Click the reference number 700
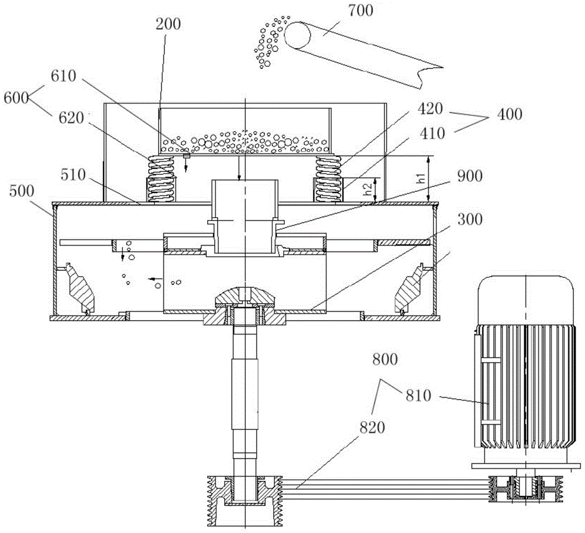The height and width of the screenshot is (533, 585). click(x=360, y=10)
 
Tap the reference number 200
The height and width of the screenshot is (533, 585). click(x=168, y=24)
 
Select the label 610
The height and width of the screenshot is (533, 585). click(x=63, y=76)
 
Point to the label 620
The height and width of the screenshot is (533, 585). click(x=71, y=118)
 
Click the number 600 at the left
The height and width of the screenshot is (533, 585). click(x=16, y=98)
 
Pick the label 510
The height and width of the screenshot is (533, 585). click(x=73, y=175)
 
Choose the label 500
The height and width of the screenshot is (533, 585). click(x=22, y=191)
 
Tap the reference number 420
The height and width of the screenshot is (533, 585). click(x=430, y=109)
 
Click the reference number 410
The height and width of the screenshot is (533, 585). click(x=432, y=133)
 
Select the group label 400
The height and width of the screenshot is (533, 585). click(x=510, y=114)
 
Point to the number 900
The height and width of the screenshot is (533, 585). click(x=470, y=176)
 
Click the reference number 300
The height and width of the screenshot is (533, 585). click(x=470, y=219)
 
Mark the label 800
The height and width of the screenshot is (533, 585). click(x=385, y=359)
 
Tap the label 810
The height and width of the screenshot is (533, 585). click(x=419, y=396)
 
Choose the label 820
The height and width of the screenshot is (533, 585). click(x=372, y=427)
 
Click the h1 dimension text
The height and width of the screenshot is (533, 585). click(x=421, y=177)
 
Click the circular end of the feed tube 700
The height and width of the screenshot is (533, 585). click(x=297, y=36)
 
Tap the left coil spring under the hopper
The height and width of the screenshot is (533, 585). click(x=162, y=179)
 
